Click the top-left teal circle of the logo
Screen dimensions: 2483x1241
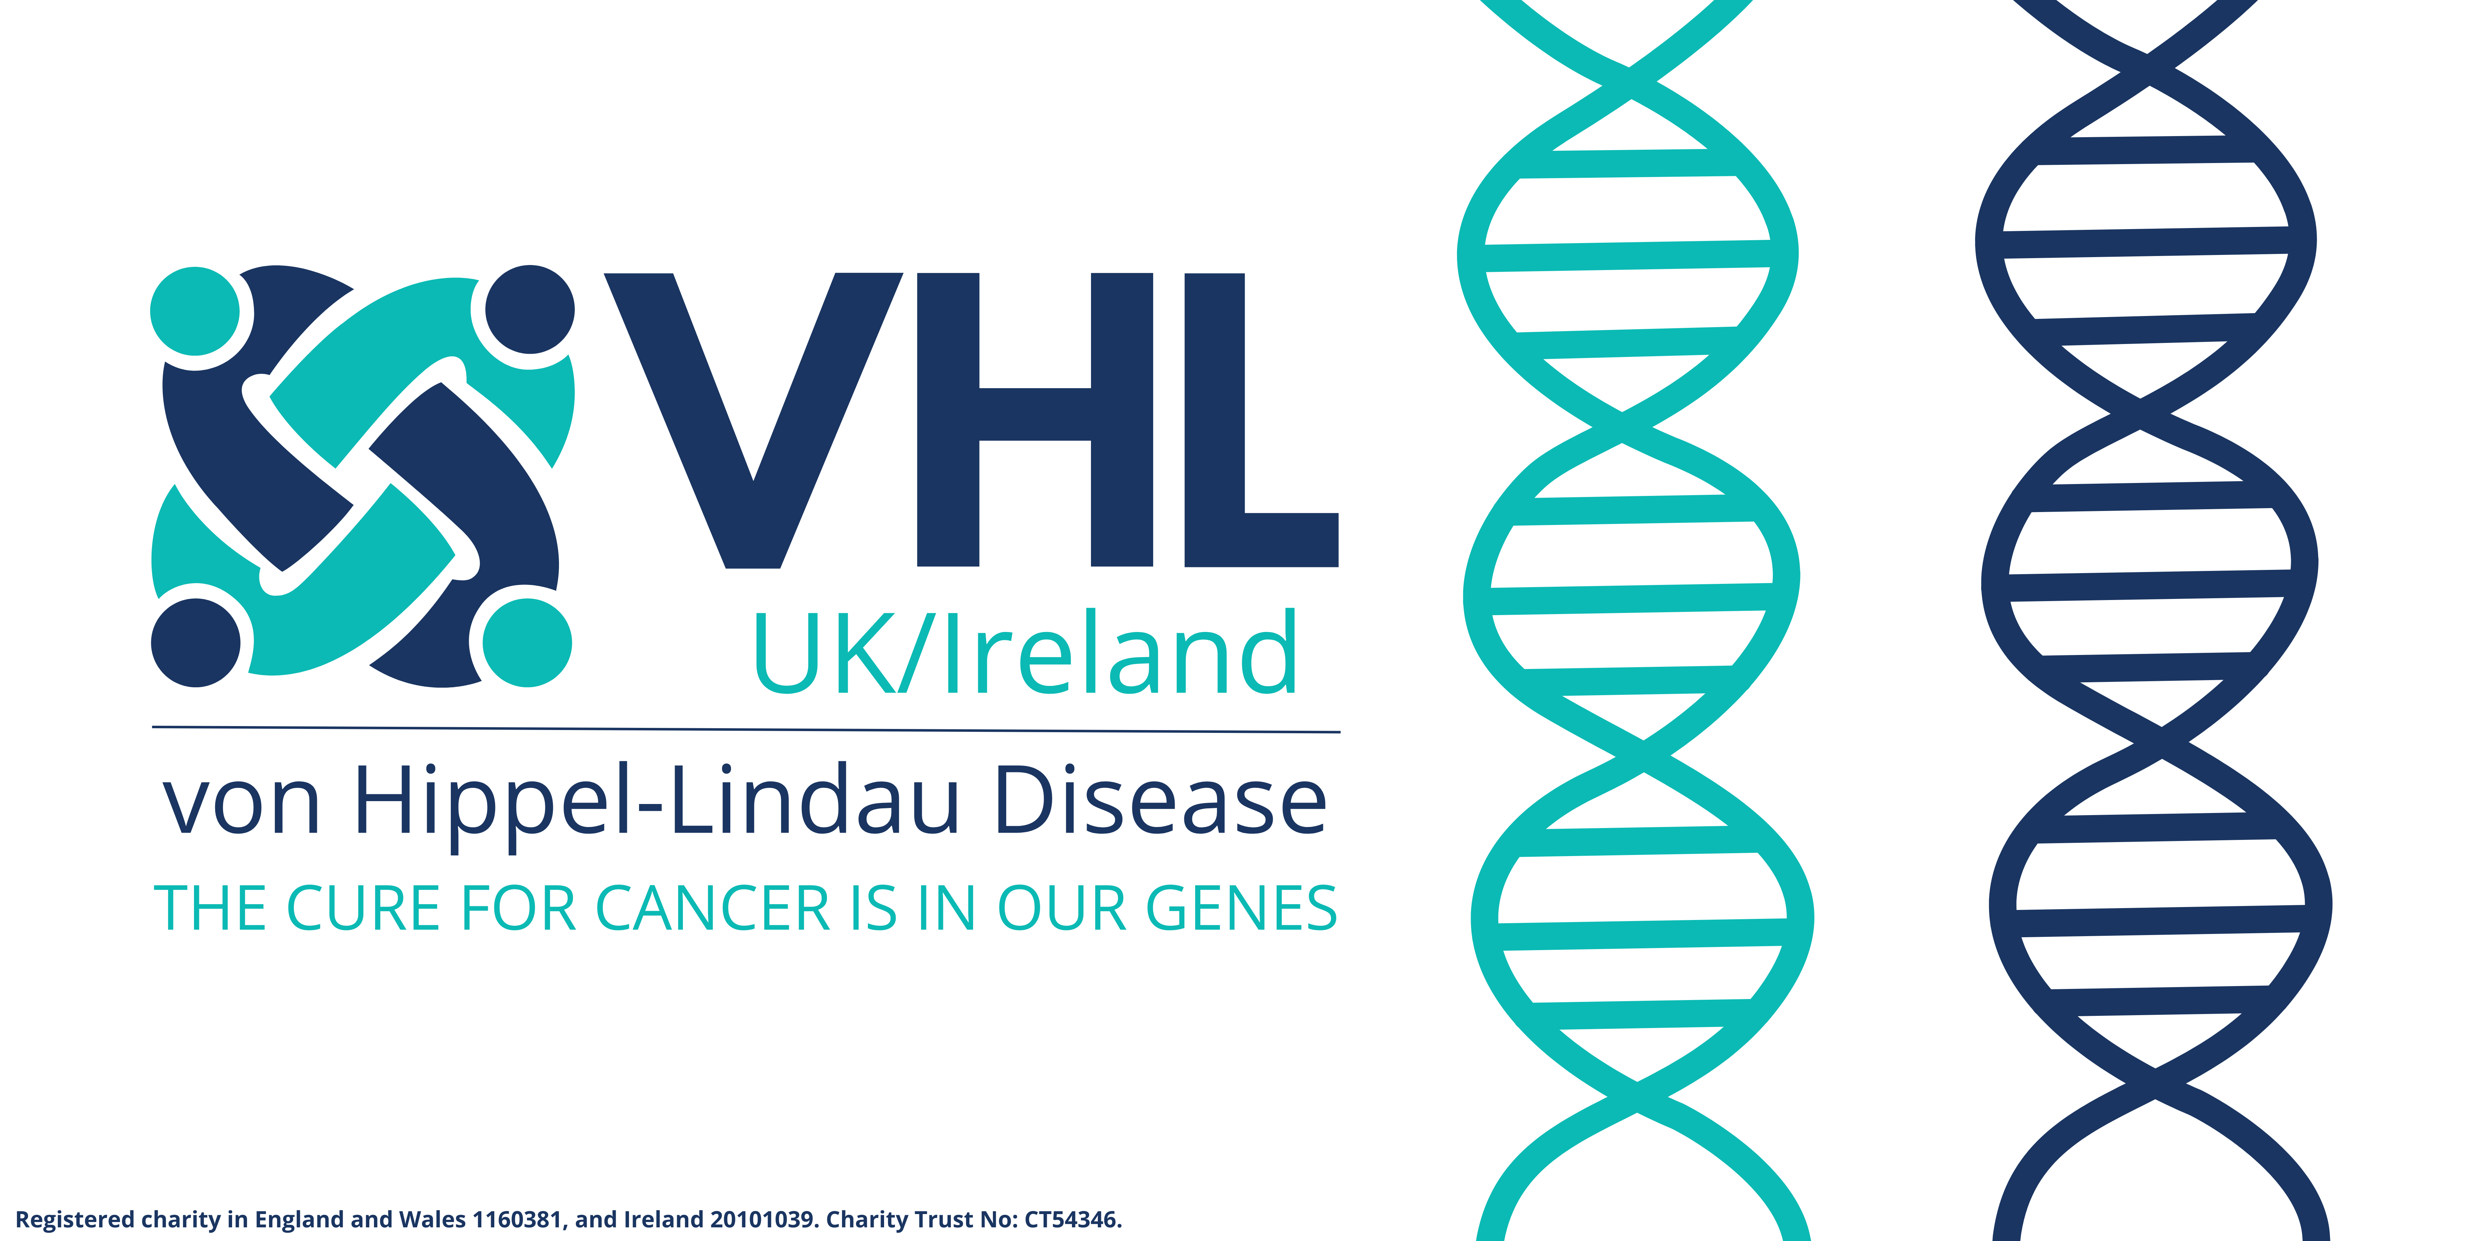196,311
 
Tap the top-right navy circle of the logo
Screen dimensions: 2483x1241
529,309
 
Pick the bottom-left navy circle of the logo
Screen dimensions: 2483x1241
196,643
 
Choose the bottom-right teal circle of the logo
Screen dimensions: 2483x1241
527,643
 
